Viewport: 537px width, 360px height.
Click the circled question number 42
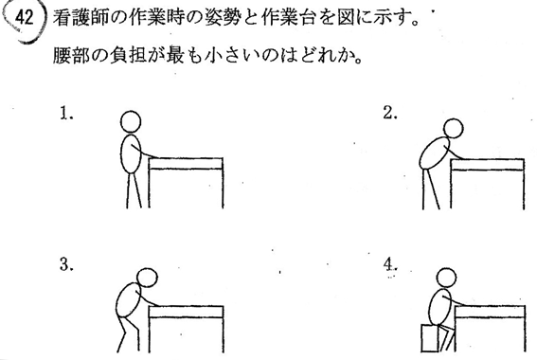tap(24, 18)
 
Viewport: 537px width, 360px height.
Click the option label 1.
tap(66, 114)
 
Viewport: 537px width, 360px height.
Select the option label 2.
tap(390, 113)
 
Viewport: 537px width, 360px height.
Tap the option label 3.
tap(66, 264)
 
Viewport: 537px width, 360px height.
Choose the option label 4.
tap(390, 264)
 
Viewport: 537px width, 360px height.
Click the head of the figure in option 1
tap(131, 121)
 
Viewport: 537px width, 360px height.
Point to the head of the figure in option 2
tap(453, 128)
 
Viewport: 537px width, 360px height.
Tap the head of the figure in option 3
tap(147, 278)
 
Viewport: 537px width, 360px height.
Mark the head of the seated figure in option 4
tap(447, 278)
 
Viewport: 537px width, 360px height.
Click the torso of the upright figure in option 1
tap(131, 153)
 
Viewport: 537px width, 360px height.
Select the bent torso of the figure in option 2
tap(434, 153)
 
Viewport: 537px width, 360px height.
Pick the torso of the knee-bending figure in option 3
tap(128, 300)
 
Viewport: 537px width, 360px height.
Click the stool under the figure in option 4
tap(429, 338)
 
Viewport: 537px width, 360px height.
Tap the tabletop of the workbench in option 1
tap(186, 163)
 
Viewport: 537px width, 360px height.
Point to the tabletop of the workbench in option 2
tap(488, 165)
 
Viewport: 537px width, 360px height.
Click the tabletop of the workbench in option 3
tap(187, 312)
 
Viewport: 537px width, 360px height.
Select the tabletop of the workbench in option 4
tap(490, 312)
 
